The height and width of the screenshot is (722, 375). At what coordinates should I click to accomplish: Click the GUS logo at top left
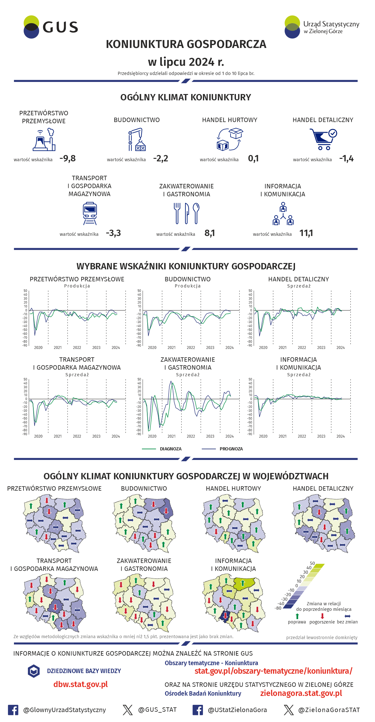point(51,27)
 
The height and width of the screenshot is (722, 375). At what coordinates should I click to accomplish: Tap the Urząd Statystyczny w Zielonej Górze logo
point(322,27)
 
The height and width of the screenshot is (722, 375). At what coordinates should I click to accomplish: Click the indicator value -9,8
point(68,158)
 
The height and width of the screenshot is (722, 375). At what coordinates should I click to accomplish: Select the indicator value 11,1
point(306,233)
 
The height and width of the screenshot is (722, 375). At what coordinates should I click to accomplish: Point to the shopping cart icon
point(323,139)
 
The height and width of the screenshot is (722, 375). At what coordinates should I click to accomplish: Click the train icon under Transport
point(90,214)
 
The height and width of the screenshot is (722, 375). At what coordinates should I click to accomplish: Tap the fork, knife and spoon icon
point(187,213)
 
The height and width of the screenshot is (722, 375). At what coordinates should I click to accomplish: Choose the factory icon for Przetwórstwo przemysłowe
point(44,139)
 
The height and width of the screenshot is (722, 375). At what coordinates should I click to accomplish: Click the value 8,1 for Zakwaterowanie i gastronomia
point(210,233)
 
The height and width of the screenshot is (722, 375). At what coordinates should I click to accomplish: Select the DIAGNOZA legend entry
point(171,449)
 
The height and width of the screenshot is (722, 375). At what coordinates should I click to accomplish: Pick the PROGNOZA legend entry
point(231,449)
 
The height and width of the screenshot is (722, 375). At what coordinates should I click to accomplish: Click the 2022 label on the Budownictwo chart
point(191,348)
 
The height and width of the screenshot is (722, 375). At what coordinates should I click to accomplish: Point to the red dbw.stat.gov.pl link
point(81,684)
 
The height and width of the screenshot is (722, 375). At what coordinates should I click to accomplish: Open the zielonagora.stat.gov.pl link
point(301,693)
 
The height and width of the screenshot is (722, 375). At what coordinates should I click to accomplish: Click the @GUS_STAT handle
point(157,710)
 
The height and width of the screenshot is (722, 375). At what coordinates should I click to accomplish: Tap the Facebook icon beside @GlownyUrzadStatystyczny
point(13,710)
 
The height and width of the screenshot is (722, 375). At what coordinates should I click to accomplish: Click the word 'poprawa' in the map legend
point(297,622)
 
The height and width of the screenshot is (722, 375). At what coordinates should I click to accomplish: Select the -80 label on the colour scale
point(278,608)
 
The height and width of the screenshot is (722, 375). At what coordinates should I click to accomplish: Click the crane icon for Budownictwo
point(137,139)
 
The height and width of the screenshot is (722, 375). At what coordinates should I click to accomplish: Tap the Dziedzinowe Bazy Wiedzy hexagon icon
point(34,671)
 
